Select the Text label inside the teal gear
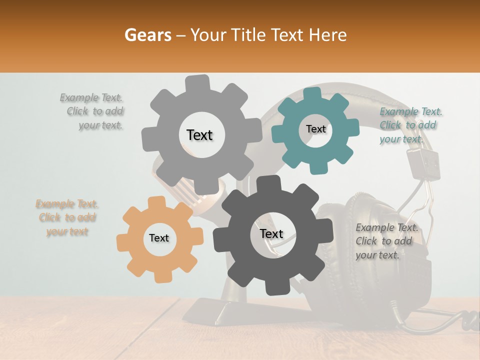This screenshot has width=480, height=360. tap(315, 129)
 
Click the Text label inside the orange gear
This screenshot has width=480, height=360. tap(159, 238)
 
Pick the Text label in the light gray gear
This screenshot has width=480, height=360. tap(199, 135)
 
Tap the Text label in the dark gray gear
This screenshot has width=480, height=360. tap(271, 233)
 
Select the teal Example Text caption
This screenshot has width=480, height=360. tap(410, 125)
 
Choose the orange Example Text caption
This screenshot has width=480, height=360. tap(67, 217)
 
